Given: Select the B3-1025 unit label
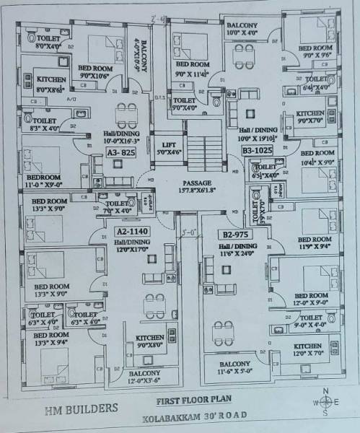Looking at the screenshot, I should (x=256, y=149).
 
